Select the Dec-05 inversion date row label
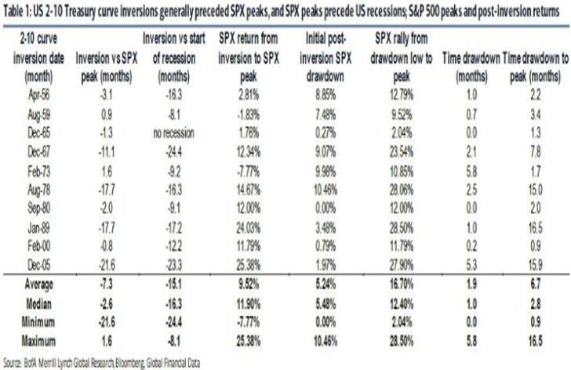tap(38, 267)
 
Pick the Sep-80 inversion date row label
tap(38, 209)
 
